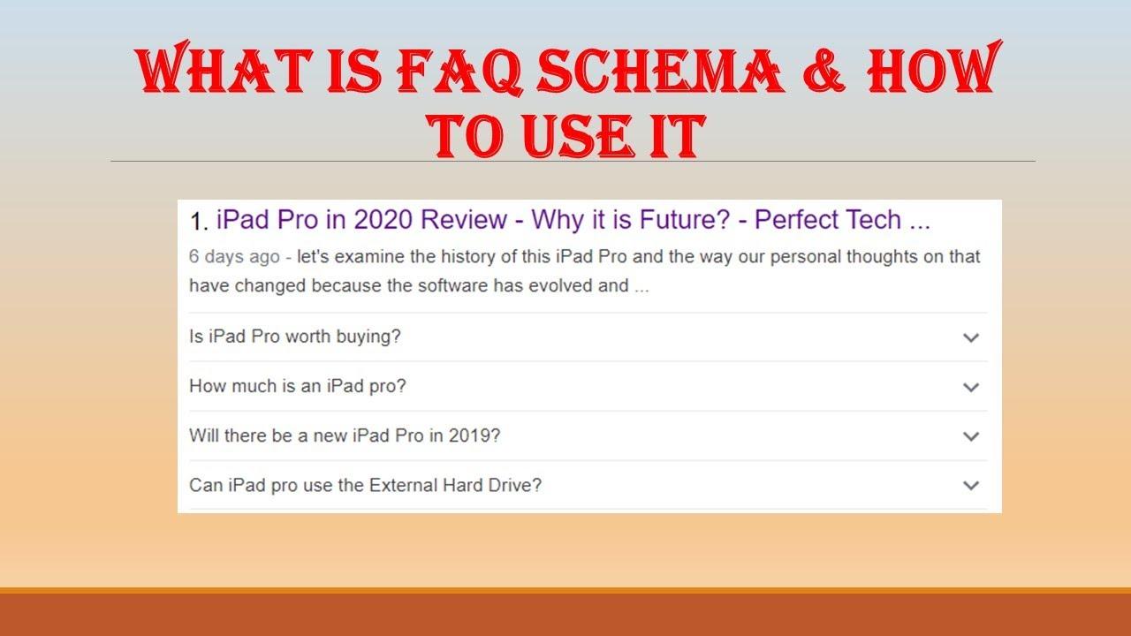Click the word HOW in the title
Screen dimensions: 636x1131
pyautogui.click(x=932, y=70)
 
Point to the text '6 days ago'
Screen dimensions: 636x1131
pyautogui.click(x=233, y=258)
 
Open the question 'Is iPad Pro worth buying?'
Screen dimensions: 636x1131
pyautogui.click(x=295, y=337)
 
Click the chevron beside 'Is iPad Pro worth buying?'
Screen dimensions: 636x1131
pyautogui.click(x=971, y=337)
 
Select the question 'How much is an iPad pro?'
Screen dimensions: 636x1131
pyautogui.click(x=298, y=386)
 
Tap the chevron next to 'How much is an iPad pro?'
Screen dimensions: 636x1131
pyautogui.click(x=971, y=387)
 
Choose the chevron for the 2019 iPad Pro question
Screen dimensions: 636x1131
pyautogui.click(x=971, y=436)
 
